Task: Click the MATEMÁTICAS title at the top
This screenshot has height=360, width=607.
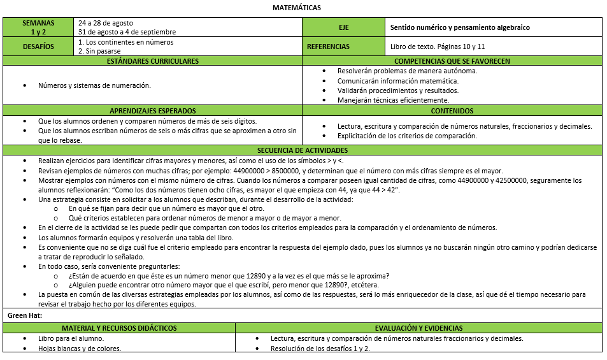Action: pyautogui.click(x=297, y=8)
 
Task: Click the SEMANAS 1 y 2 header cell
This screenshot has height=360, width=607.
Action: pyautogui.click(x=38, y=27)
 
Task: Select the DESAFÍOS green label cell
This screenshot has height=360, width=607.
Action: pyautogui.click(x=38, y=47)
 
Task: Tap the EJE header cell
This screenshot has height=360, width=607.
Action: pyautogui.click(x=344, y=27)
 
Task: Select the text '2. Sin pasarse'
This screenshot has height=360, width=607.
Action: pyautogui.click(x=100, y=51)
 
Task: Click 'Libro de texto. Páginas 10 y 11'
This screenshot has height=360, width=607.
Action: pyautogui.click(x=438, y=47)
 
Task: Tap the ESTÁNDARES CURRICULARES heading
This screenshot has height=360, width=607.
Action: pyautogui.click(x=153, y=61)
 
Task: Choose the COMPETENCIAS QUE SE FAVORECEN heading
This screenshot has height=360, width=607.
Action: pyautogui.click(x=453, y=61)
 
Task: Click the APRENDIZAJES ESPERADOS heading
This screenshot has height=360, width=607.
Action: pyautogui.click(x=153, y=111)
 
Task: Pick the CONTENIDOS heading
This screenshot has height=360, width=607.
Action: pyautogui.click(x=453, y=111)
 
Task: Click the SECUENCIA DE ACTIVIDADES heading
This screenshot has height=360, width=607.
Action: pyautogui.click(x=303, y=150)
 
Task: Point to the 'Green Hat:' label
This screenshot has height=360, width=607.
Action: pyautogui.click(x=25, y=315)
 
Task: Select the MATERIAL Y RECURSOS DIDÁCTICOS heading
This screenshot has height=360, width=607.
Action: pyautogui.click(x=119, y=328)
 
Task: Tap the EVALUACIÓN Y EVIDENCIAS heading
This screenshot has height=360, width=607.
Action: pyautogui.click(x=418, y=328)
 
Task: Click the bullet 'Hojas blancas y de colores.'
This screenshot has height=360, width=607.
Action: pyautogui.click(x=80, y=349)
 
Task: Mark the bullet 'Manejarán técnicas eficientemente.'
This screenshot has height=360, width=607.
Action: pyautogui.click(x=393, y=100)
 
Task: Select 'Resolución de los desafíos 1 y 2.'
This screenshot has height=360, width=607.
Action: pyautogui.click(x=320, y=349)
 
